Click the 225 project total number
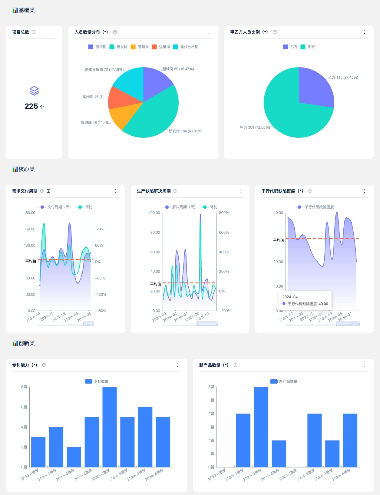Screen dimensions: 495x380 pyautogui.click(x=31, y=106)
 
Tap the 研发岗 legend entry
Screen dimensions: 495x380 pyautogui.click(x=119, y=47)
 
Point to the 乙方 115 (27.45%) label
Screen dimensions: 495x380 pyautogui.click(x=343, y=78)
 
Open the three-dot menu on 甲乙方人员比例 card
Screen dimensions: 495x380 pyautogui.click(x=364, y=32)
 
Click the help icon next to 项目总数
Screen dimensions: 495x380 pyautogui.click(x=34, y=32)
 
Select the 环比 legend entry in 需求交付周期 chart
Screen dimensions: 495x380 pyautogui.click(x=85, y=207)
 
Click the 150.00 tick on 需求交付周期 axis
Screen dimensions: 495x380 pyautogui.click(x=30, y=229)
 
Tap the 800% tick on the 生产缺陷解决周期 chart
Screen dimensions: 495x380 pyautogui.click(x=224, y=213)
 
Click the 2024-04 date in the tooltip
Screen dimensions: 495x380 pyautogui.click(x=290, y=297)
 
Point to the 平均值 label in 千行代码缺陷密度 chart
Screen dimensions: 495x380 pyautogui.click(x=279, y=240)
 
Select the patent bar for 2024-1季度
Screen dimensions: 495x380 pyautogui.click(x=110, y=427)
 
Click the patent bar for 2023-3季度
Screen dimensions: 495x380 pyautogui.click(x=74, y=457)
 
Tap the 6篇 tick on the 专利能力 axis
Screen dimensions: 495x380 pyautogui.click(x=24, y=407)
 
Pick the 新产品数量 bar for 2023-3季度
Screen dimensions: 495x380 pyautogui.click(x=261, y=427)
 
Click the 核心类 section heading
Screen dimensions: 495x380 pyautogui.click(x=26, y=169)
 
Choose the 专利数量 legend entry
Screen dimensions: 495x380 pyautogui.click(x=97, y=381)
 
